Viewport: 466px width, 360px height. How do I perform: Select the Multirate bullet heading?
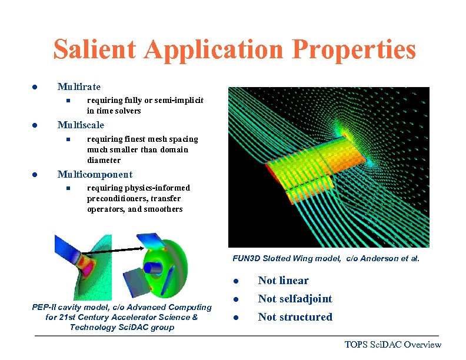[x=79, y=87]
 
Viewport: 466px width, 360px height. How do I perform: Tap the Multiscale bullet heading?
[x=81, y=125]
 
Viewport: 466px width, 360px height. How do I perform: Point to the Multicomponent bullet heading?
[x=95, y=174]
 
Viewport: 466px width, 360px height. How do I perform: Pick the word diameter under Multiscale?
[x=104, y=160]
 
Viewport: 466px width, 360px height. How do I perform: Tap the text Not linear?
[x=283, y=281]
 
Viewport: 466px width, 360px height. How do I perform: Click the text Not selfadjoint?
[x=295, y=299]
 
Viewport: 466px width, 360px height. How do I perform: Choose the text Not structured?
[x=295, y=317]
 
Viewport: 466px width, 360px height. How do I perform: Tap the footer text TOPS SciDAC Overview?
[x=392, y=345]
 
